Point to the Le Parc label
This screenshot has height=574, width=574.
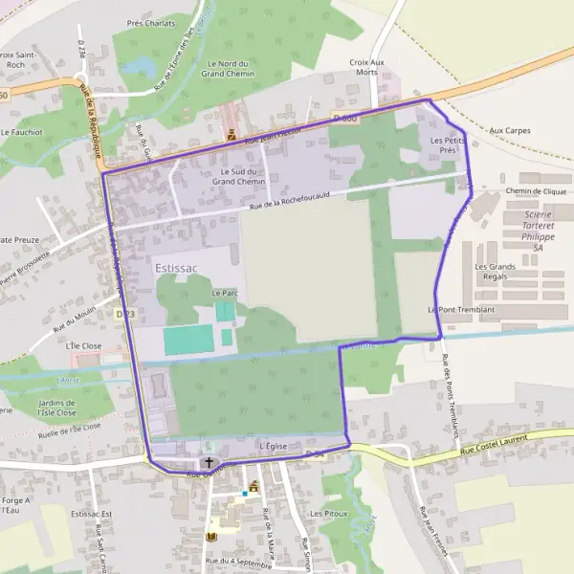pyautogui.click(x=224, y=293)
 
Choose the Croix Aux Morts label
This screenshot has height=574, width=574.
pyautogui.click(x=366, y=67)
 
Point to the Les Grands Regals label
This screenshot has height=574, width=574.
pyautogui.click(x=496, y=272)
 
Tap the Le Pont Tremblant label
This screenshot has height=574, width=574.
pyautogui.click(x=461, y=310)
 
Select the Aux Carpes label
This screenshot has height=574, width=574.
pyautogui.click(x=509, y=130)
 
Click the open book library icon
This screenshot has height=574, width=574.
pyautogui.click(x=211, y=538)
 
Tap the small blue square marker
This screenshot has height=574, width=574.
pyautogui.click(x=245, y=494)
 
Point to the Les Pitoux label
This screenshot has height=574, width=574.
pyautogui.click(x=328, y=514)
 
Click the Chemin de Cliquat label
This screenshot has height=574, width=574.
pyautogui.click(x=536, y=191)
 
